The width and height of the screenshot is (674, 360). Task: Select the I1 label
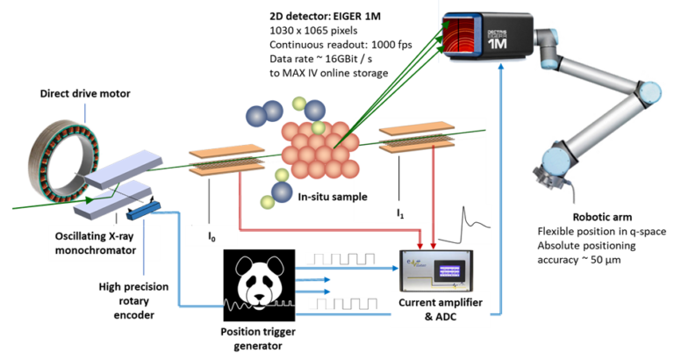[x=400, y=213]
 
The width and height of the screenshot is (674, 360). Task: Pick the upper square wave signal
[x=339, y=261]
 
